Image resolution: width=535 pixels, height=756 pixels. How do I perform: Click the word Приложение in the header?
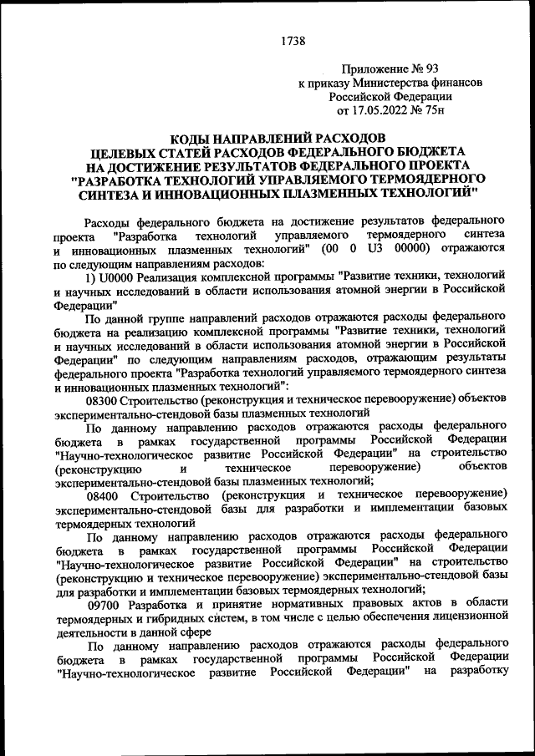point(378,69)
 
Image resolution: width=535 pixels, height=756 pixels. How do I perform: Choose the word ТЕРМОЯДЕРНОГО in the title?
point(421,180)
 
